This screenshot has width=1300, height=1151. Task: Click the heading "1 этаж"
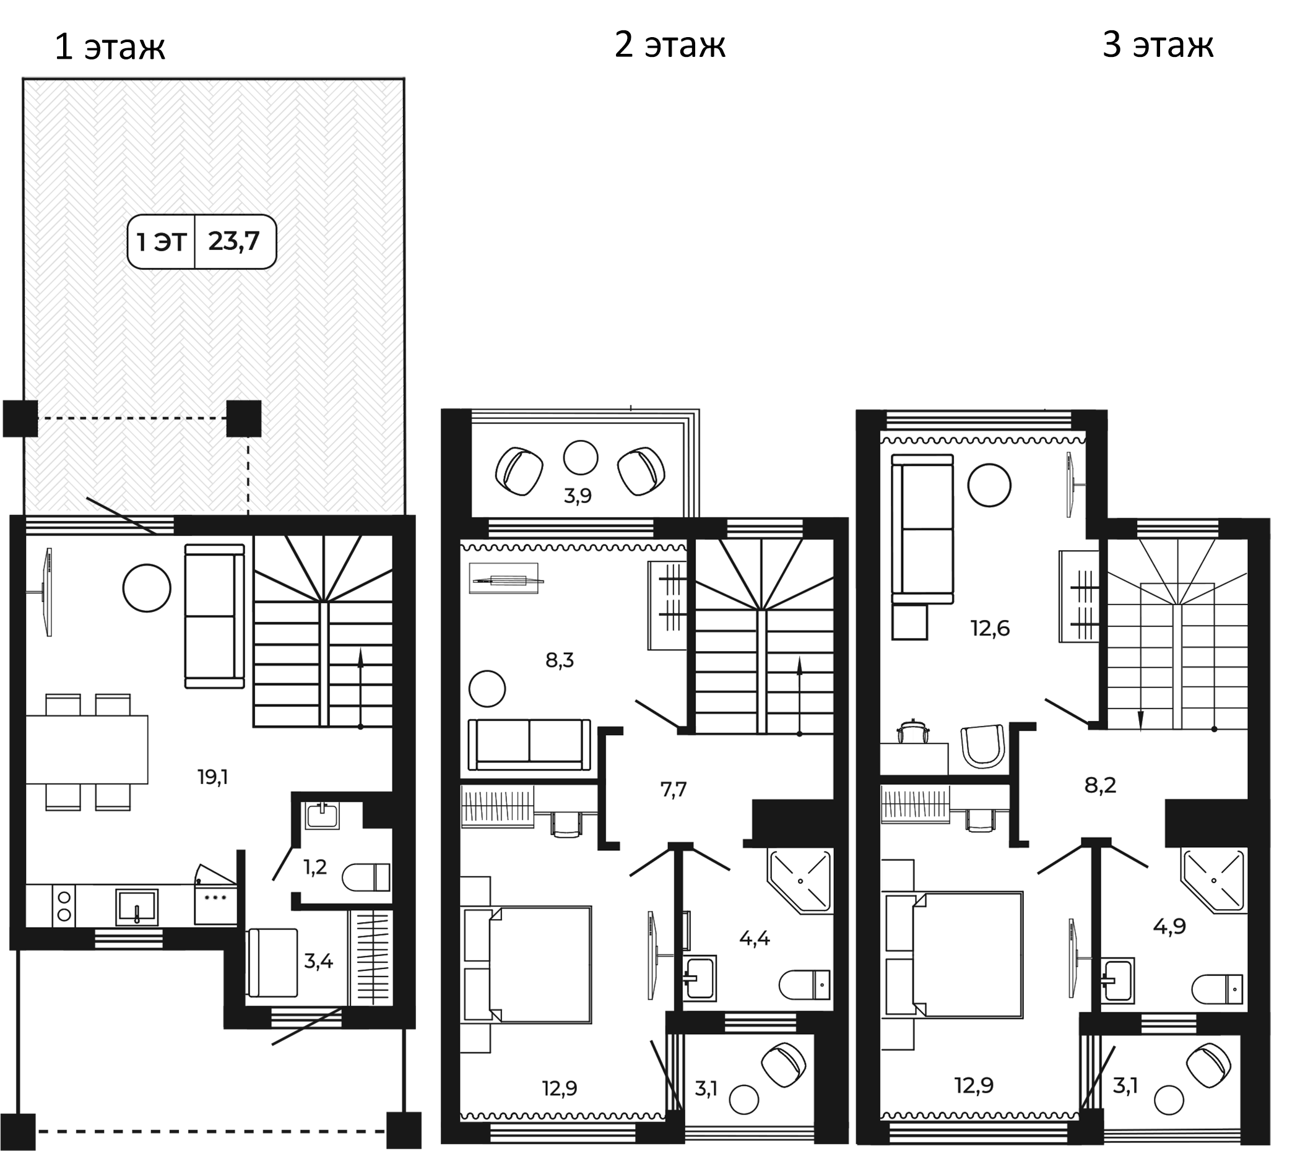[x=110, y=47]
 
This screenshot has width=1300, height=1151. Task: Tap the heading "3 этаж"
[x=1158, y=45]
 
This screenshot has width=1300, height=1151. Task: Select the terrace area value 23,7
[x=234, y=241]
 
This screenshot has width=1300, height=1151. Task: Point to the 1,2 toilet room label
[x=316, y=867]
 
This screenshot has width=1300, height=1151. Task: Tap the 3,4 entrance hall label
[x=319, y=961]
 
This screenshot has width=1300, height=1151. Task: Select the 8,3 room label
[x=560, y=660]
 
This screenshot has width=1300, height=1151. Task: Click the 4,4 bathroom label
[x=755, y=938]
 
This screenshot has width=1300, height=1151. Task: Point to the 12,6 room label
[x=990, y=628]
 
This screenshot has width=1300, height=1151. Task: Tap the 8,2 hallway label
[x=1100, y=785]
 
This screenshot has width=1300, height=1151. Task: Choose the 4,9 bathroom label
[x=1169, y=926]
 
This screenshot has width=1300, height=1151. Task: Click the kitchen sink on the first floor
[x=137, y=907]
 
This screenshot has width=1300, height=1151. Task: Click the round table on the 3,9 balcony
[x=581, y=457]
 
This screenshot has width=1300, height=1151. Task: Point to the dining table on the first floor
[x=87, y=750]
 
